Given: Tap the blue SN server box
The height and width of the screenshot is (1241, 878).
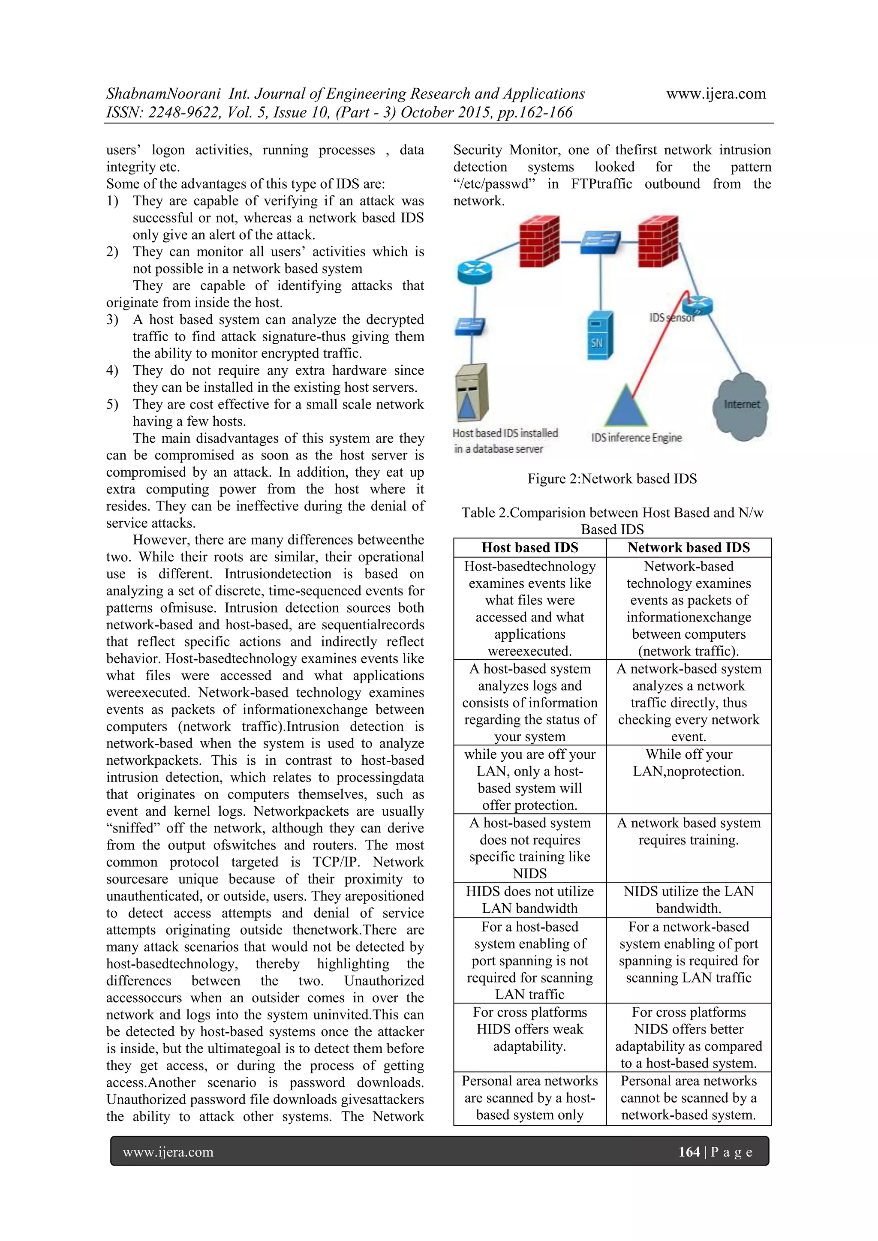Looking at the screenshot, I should (x=600, y=335).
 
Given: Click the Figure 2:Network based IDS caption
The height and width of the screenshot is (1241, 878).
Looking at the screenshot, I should (x=612, y=479).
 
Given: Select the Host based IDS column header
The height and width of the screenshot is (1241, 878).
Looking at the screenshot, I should (x=530, y=547).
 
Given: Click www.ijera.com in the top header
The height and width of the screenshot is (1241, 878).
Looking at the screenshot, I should (x=716, y=94).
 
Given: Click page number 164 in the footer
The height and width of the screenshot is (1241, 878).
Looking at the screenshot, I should (x=689, y=1152).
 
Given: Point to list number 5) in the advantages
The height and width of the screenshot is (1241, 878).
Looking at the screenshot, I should (x=112, y=405).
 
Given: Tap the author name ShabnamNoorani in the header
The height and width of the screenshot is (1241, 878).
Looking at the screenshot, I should (x=163, y=94).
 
